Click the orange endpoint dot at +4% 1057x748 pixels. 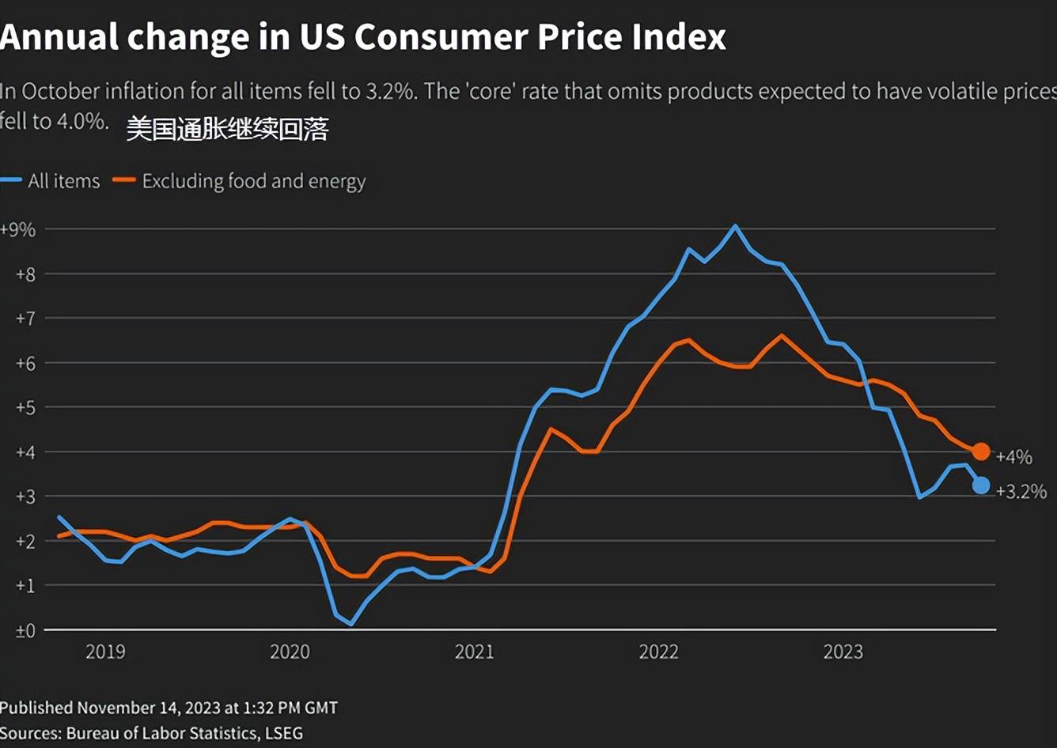(981, 451)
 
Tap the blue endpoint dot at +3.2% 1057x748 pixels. (981, 485)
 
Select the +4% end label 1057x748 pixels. (1013, 457)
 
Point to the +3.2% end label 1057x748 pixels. (1021, 492)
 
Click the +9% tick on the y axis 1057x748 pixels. (18, 230)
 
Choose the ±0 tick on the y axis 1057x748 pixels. (25, 631)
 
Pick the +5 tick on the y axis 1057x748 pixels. (25, 408)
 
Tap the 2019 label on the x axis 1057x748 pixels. (105, 652)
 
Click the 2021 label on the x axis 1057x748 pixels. (474, 652)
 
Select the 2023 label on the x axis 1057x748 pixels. (843, 652)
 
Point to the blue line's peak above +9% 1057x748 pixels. (735, 226)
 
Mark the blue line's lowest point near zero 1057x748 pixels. (350, 624)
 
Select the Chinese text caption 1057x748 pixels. (227, 129)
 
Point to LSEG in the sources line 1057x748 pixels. (282, 733)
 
